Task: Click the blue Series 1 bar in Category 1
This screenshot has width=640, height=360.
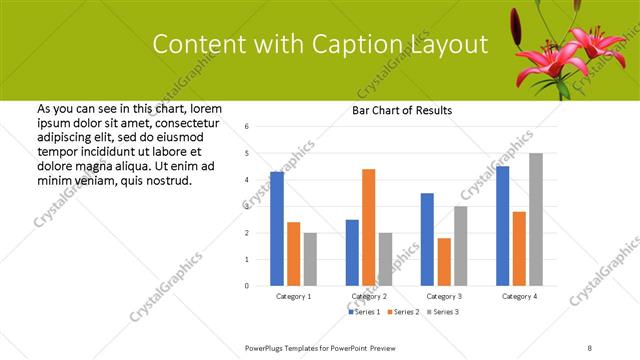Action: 277,229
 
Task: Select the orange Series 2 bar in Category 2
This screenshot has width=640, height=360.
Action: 368,227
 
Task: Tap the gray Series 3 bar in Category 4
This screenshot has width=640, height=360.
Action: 536,219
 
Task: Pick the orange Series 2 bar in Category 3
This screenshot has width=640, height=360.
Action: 443,262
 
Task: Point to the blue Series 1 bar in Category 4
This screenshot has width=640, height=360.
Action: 502,226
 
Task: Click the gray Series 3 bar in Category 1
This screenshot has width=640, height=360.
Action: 310,259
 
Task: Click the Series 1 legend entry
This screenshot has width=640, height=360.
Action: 364,312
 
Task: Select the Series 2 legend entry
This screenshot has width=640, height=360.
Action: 403,312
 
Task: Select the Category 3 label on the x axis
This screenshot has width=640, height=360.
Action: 444,297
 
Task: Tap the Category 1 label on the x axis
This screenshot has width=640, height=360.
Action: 294,297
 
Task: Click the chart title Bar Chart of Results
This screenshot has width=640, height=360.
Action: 402,110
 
